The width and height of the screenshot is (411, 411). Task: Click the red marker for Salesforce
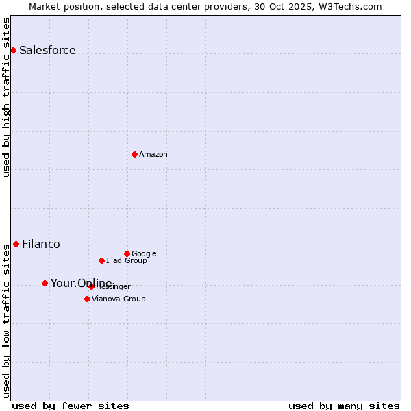tap(13, 50)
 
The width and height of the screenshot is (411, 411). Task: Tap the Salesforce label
tap(47, 51)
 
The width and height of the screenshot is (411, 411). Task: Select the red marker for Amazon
tap(134, 154)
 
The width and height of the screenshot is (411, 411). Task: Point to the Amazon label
tap(153, 155)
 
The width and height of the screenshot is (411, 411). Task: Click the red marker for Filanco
tap(16, 244)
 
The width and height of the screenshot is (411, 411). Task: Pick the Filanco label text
tap(41, 245)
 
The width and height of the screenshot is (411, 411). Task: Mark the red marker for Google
tap(127, 253)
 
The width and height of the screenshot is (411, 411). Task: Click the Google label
tap(144, 254)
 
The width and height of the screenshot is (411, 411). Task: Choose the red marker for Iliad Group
tap(101, 260)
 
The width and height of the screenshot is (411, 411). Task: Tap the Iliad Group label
tap(127, 261)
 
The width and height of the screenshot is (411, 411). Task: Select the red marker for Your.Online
tap(45, 283)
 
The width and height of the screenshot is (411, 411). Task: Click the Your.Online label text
tap(81, 284)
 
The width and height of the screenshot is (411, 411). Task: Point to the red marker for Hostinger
tap(91, 286)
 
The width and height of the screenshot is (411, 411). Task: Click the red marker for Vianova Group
tap(87, 299)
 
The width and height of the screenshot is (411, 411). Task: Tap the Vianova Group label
tap(119, 299)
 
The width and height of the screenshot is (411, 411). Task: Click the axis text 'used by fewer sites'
tap(71, 406)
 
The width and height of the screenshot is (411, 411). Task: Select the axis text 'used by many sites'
tap(344, 406)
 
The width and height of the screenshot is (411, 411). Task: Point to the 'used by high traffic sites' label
tap(6, 97)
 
